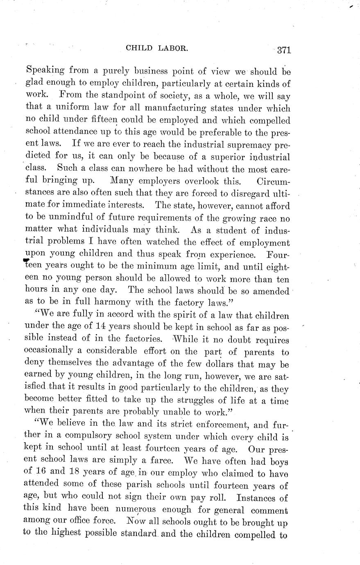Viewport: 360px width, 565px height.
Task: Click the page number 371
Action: tap(283, 50)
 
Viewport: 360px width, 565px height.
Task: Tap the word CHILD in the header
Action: tap(140, 48)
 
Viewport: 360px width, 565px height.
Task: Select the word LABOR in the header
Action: tap(173, 48)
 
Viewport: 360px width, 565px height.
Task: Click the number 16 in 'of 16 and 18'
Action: tap(43, 473)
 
